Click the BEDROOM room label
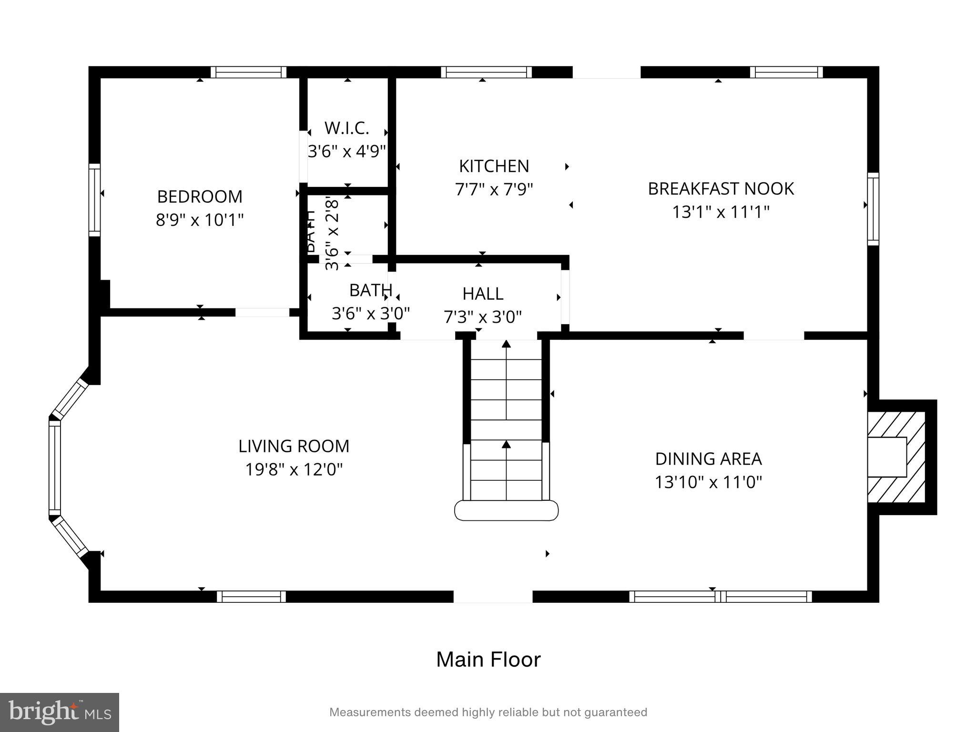(x=200, y=196)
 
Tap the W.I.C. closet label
(x=346, y=128)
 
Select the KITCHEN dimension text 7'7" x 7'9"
(x=494, y=190)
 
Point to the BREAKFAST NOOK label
(x=721, y=189)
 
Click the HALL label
(x=483, y=294)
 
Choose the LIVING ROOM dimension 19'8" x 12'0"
(x=294, y=469)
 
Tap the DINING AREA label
(x=708, y=459)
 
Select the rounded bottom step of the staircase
(x=506, y=510)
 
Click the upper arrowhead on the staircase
(x=506, y=344)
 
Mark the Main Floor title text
(x=488, y=660)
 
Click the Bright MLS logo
(x=60, y=712)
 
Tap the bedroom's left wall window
(x=95, y=200)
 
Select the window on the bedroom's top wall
(x=248, y=72)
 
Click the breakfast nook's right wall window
(x=873, y=209)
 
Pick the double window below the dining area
(x=720, y=596)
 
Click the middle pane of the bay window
(x=55, y=468)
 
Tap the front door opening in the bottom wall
(x=492, y=596)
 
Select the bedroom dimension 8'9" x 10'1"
(x=200, y=220)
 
